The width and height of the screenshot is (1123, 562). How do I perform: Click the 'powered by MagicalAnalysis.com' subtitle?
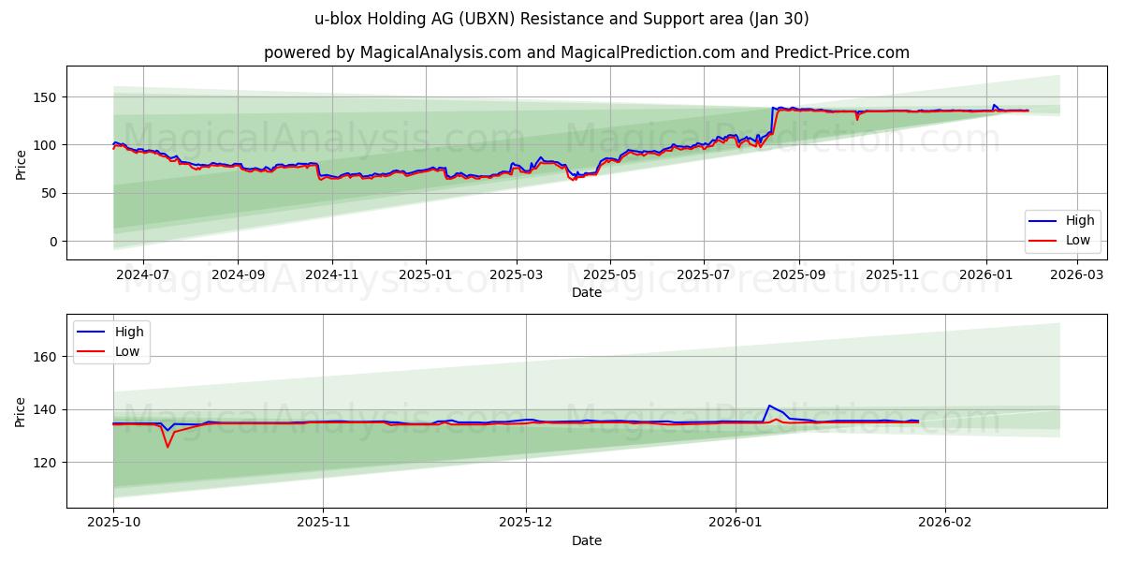point(587,52)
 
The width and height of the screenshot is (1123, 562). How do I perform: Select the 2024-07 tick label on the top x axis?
point(142,275)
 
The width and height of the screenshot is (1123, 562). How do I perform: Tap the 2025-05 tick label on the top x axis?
point(610,275)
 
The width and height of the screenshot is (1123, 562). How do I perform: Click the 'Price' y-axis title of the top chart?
point(22,164)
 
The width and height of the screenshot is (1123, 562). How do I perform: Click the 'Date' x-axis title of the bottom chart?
point(587,540)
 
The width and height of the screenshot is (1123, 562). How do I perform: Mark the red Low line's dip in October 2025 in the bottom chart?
point(168,447)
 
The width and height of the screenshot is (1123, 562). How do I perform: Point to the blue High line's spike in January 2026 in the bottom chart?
point(768,406)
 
